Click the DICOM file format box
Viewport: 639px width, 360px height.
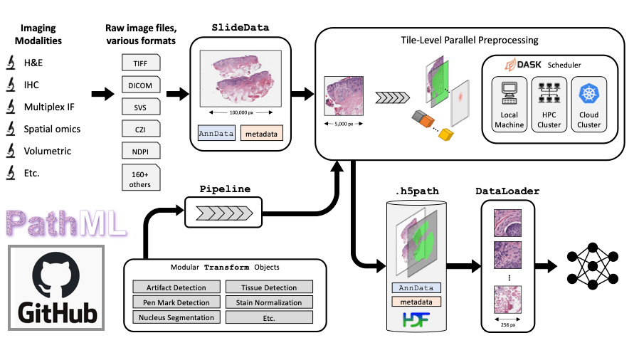pyautogui.click(x=140, y=85)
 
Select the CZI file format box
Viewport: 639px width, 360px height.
pyautogui.click(x=140, y=129)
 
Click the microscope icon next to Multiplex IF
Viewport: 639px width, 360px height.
pyautogui.click(x=11, y=107)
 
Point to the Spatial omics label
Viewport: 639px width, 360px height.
pyautogui.click(x=52, y=129)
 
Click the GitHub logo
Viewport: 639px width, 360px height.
pyautogui.click(x=56, y=287)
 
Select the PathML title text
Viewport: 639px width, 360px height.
pyautogui.click(x=65, y=222)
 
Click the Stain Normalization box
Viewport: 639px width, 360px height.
pyautogui.click(x=268, y=302)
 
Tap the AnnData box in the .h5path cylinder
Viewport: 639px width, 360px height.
pyautogui.click(x=415, y=288)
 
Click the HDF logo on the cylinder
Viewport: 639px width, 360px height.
pyautogui.click(x=416, y=319)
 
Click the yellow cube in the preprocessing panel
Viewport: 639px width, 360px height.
pyautogui.click(x=447, y=135)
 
